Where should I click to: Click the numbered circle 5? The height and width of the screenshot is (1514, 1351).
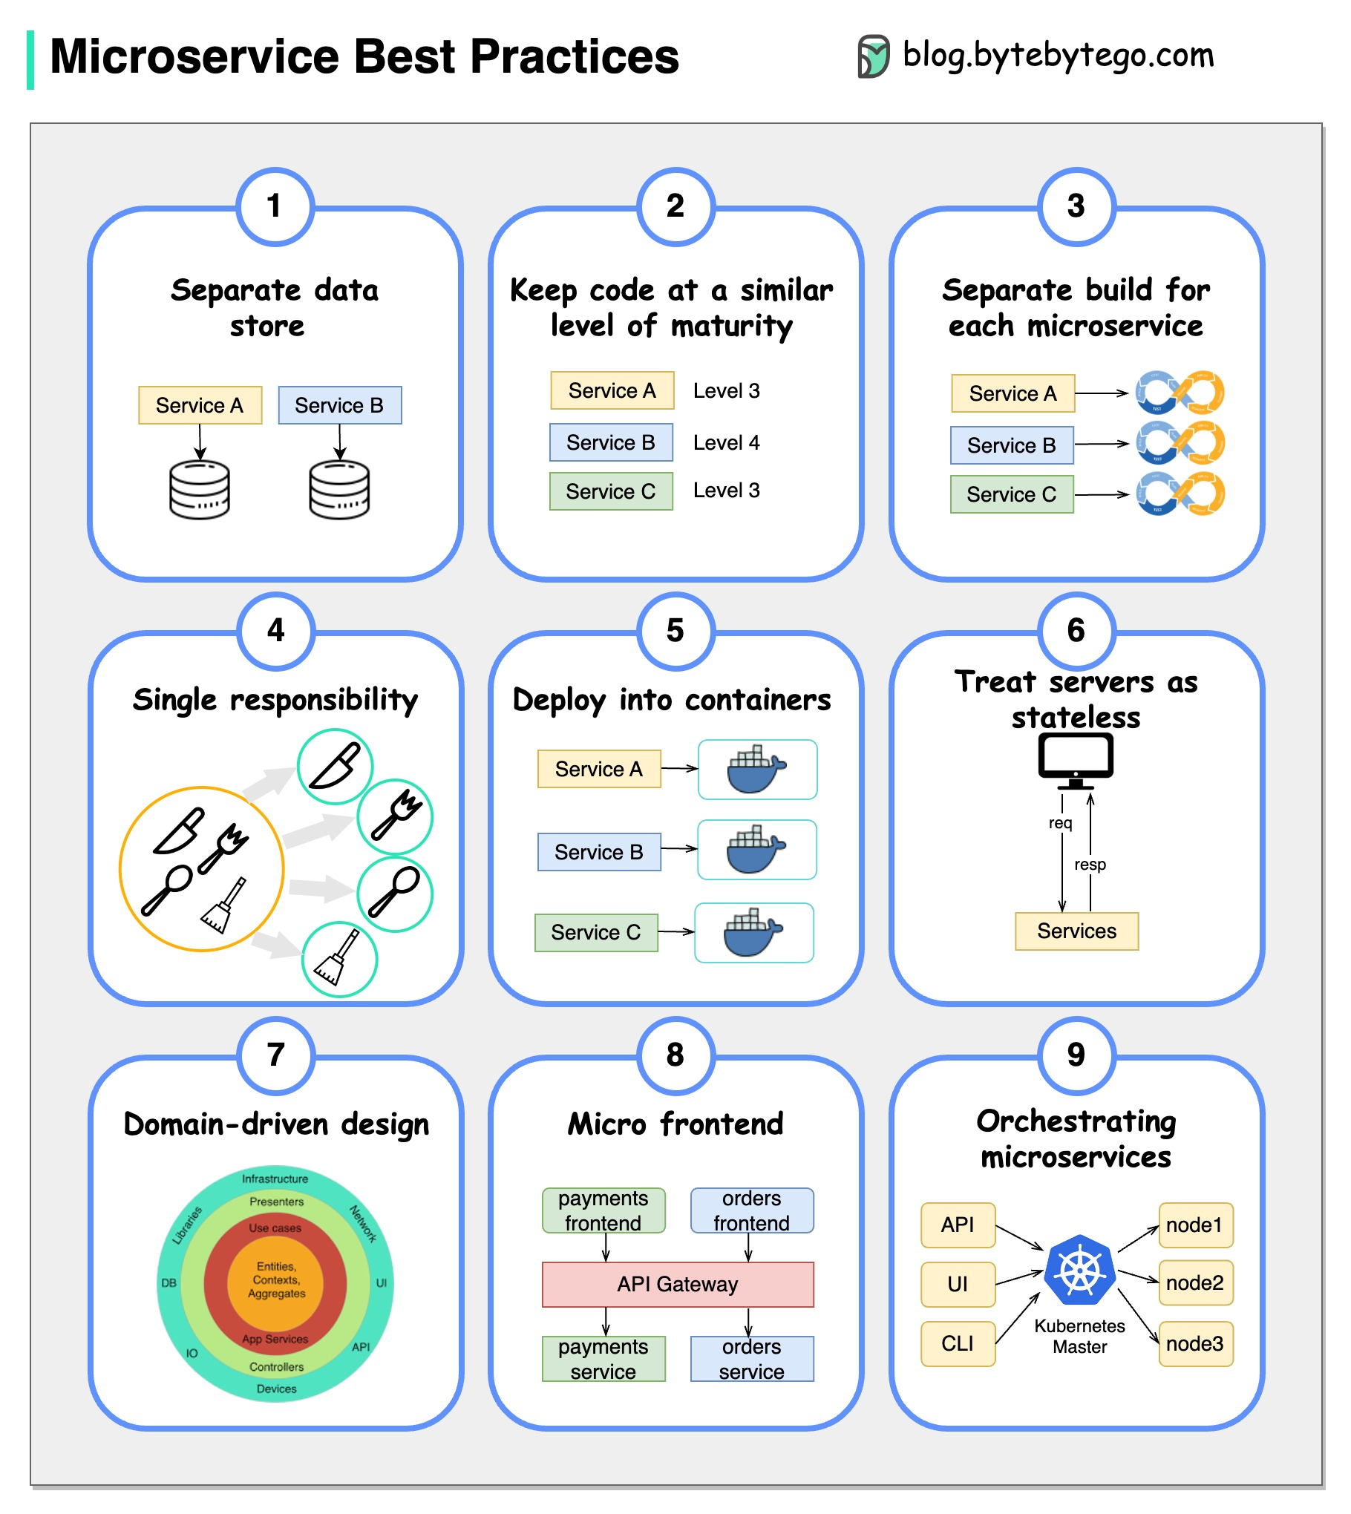[675, 631]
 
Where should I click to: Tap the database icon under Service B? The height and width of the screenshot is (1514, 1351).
[339, 489]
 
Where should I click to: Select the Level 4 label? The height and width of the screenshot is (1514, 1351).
[726, 442]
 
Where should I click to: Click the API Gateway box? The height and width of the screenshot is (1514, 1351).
[678, 1284]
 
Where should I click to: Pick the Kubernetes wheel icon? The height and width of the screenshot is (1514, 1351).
[1079, 1271]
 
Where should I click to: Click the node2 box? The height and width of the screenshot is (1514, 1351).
[1194, 1282]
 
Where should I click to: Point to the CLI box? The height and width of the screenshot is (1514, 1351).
[958, 1343]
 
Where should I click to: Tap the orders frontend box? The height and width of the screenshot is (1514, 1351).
[751, 1210]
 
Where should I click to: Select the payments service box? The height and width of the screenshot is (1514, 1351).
[603, 1358]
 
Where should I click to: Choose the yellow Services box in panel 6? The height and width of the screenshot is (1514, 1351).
[1076, 931]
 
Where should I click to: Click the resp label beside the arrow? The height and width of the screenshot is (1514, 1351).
[1090, 865]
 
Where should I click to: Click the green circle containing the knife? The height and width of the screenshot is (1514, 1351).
[335, 766]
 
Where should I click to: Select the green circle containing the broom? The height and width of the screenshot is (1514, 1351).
[339, 959]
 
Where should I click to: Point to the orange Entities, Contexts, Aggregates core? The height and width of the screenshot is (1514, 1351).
[276, 1280]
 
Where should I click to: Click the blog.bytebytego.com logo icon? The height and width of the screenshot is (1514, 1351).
[874, 56]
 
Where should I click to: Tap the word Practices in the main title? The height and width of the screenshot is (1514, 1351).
[575, 57]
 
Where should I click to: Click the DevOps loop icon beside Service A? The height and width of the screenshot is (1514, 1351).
[1180, 392]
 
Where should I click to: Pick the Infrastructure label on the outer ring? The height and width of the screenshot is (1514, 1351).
[275, 1179]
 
